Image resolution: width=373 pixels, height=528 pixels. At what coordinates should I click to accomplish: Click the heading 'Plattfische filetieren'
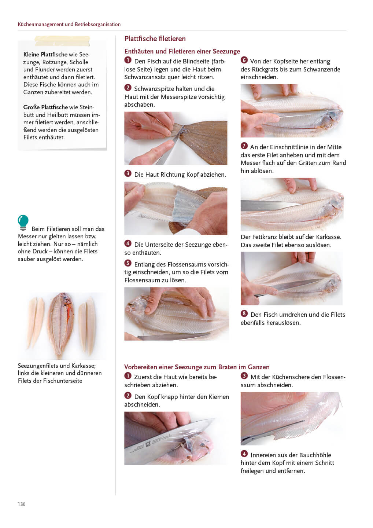pyautogui.click(x=155, y=38)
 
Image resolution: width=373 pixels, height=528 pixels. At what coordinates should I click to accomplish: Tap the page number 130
pyautogui.click(x=21, y=504)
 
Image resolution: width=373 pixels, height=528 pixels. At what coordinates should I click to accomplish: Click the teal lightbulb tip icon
pyautogui.click(x=23, y=223)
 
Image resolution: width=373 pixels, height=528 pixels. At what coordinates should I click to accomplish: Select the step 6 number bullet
pyautogui.click(x=244, y=60)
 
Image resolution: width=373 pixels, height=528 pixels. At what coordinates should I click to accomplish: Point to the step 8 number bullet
pyautogui.click(x=244, y=313)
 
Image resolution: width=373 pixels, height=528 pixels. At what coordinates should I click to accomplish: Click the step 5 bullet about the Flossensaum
pyautogui.click(x=128, y=263)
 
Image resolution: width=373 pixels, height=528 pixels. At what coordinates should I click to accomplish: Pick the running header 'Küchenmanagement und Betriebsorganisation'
pyautogui.click(x=69, y=24)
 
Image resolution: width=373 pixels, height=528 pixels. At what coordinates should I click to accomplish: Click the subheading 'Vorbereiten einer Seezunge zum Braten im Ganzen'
pyautogui.click(x=197, y=367)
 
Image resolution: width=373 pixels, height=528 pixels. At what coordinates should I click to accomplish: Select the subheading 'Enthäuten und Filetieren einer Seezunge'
pyautogui.click(x=182, y=51)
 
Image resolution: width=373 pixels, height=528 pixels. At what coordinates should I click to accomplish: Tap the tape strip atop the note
pyautogui.click(x=62, y=41)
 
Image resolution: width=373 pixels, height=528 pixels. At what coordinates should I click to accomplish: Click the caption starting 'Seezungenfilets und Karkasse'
pyautogui.click(x=60, y=373)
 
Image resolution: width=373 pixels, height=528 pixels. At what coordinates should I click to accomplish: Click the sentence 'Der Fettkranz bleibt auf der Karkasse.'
pyautogui.click(x=291, y=237)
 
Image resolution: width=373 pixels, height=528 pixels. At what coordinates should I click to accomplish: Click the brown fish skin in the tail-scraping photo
pyautogui.click(x=205, y=142)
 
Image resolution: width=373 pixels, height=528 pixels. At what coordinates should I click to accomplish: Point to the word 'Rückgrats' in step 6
pyautogui.click(x=267, y=70)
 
